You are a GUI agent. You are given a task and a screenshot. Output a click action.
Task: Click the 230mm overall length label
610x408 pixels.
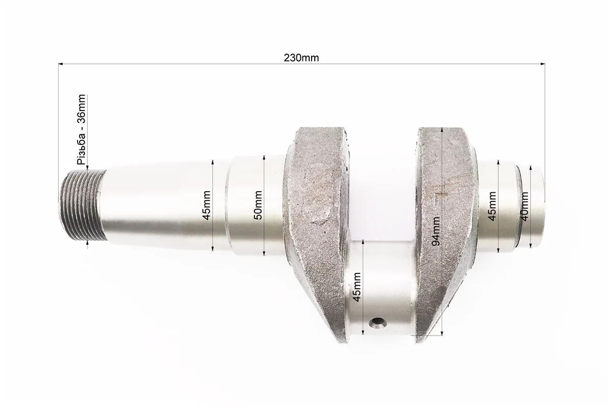coord(301,58)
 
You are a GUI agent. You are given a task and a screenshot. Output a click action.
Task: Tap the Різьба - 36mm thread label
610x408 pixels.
coord(82,130)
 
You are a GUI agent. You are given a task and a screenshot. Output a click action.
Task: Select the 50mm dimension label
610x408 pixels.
coord(258,205)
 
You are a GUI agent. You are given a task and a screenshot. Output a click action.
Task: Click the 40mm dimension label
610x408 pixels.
coord(524,207)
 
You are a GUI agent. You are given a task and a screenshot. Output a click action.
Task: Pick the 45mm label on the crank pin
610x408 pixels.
coord(357,287)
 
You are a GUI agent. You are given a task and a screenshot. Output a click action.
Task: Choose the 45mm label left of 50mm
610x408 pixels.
coord(207,205)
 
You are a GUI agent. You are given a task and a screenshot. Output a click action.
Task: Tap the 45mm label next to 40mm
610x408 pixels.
coord(492,207)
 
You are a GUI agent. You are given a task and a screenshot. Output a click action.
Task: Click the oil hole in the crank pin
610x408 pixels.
coord(377,322)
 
